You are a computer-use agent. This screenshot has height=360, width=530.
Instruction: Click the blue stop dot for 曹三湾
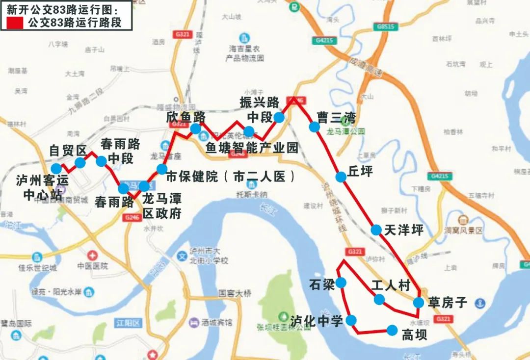click(314, 127)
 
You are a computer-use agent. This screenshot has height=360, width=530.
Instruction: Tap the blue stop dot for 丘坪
click(341, 177)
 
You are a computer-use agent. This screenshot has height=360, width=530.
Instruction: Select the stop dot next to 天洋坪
click(376, 230)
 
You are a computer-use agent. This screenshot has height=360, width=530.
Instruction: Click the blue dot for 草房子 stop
click(418, 303)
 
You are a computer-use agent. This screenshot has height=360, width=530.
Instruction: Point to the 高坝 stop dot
click(392, 330)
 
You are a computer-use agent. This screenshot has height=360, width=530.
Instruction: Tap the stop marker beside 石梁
click(341, 283)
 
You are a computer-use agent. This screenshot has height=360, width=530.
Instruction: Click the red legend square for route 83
click(14, 22)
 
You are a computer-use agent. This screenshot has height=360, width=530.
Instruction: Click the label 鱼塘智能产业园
click(252, 148)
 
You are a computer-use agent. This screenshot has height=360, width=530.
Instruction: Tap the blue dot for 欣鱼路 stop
click(195, 129)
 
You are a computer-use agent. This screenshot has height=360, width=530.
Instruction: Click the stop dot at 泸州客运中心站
click(56, 168)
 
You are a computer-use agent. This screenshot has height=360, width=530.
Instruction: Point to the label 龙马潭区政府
click(162, 206)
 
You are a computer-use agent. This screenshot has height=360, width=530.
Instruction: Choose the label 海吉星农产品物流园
click(244, 53)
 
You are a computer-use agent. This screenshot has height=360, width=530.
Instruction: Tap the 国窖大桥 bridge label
click(235, 293)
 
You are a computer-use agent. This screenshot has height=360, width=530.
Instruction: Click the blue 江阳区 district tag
click(129, 323)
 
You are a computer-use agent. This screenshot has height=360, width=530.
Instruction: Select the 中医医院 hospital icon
click(92, 256)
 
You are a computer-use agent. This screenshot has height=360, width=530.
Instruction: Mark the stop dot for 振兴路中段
click(279, 117)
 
